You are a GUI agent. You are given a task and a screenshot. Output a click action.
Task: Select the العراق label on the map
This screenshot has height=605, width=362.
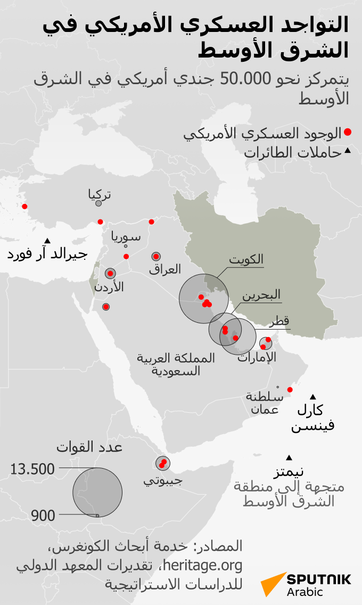(x=165, y=269)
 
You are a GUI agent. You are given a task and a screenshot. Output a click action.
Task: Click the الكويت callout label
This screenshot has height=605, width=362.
(x=246, y=259)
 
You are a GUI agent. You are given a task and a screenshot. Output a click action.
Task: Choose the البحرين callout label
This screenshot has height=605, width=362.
(x=261, y=295)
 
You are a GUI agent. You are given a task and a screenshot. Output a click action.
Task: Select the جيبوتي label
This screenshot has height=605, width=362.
(x=163, y=480)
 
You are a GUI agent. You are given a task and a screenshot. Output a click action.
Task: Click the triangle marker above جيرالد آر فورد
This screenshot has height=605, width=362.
(x=47, y=240)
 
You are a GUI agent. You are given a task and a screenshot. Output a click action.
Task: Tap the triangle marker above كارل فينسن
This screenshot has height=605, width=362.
(x=312, y=396)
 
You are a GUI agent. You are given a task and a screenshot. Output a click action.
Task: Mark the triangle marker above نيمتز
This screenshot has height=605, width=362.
(x=289, y=457)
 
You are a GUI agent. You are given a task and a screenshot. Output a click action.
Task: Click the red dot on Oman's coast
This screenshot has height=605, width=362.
(x=290, y=390)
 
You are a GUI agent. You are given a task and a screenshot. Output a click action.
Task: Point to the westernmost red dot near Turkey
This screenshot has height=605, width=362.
(x=24, y=207)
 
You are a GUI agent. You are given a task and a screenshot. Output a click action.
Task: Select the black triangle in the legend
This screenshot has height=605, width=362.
(x=347, y=151)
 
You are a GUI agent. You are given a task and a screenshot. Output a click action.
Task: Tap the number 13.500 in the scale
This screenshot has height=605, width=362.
(x=32, y=469)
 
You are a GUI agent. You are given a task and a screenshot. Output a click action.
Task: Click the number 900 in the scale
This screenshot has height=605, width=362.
(x=43, y=516)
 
